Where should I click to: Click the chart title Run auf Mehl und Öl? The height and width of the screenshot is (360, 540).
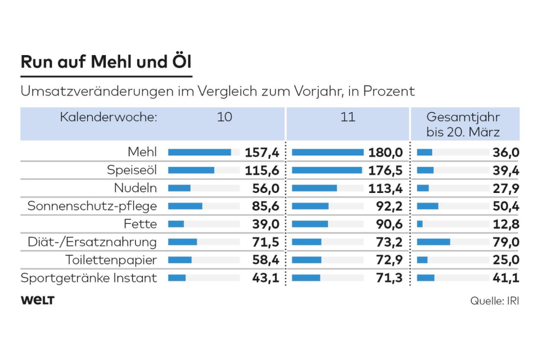tap(106, 62)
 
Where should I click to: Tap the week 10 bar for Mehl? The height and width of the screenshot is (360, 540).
tap(200, 152)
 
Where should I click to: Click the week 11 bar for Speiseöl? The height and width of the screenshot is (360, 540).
tap(327, 170)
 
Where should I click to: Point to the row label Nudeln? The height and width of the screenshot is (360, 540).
tap(138, 188)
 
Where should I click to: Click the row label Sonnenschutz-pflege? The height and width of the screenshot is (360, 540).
tap(92, 206)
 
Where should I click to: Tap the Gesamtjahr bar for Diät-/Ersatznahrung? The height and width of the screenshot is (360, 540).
tap(434, 242)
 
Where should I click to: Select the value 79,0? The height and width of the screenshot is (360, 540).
tap(506, 242)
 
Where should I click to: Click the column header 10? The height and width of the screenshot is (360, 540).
tap(224, 118)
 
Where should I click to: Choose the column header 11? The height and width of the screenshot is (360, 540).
tap(348, 118)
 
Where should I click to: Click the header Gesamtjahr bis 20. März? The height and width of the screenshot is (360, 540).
tap(463, 124)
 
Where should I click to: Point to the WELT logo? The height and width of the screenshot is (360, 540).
tap(37, 300)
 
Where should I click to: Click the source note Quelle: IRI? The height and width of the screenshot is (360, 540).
tap(494, 301)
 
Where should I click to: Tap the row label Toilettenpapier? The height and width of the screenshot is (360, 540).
tap(111, 260)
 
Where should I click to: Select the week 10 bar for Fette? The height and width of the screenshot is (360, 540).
tap(176, 224)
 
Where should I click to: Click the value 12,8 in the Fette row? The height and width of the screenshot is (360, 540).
tap(506, 224)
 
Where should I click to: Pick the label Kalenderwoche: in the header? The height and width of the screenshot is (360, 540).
tap(109, 118)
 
